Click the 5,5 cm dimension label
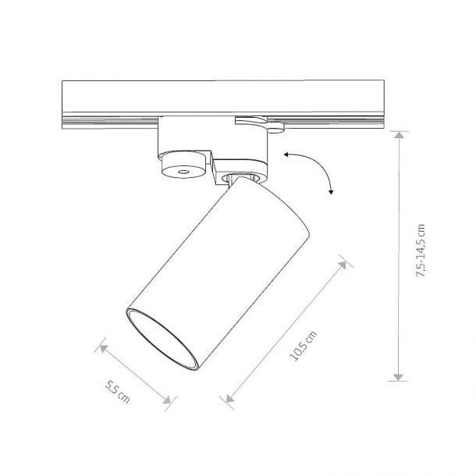pos(117,392)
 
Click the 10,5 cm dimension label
pos(304,346)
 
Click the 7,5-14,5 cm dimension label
pos(421,250)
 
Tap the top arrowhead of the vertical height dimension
pos(399,134)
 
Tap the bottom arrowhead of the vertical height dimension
pos(398,377)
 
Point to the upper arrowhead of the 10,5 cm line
pos(343,265)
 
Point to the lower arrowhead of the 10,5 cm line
pos(230,398)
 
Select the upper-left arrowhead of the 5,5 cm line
pos(104,349)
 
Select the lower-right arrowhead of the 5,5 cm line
pos(167,400)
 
